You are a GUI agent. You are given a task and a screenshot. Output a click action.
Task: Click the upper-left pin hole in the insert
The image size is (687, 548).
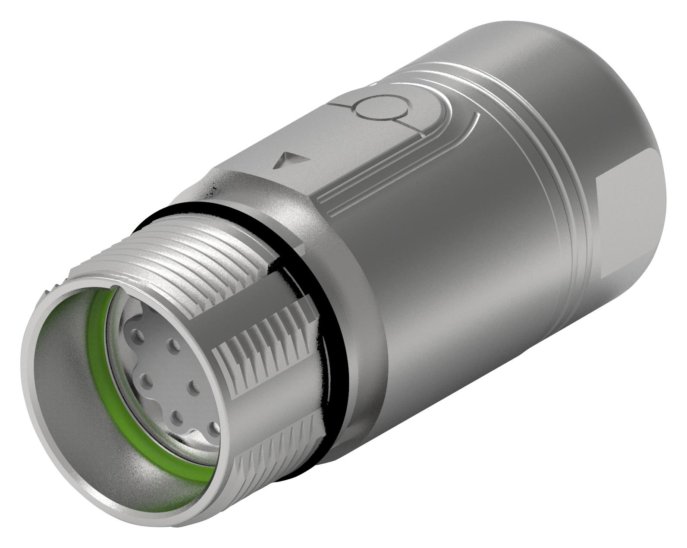139,335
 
